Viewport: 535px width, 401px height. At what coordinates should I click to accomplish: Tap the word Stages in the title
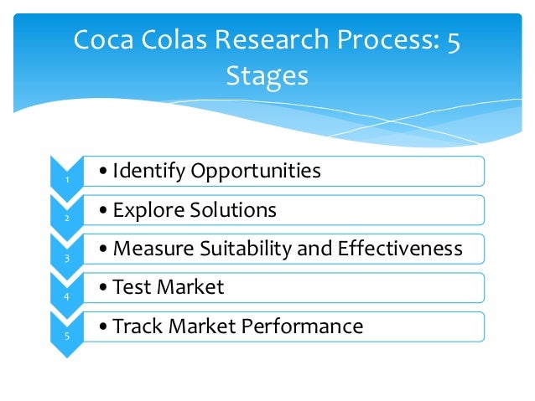267,76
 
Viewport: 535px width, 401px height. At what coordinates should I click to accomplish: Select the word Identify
148,172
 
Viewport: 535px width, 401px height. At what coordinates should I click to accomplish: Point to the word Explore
145,210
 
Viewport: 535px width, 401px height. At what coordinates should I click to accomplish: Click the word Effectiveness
400,249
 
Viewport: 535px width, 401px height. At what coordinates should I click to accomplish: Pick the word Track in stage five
134,326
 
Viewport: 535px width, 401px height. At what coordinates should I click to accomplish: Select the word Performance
299,326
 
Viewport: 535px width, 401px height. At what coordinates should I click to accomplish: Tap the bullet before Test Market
102,288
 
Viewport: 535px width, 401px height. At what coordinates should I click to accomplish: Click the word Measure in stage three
149,249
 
